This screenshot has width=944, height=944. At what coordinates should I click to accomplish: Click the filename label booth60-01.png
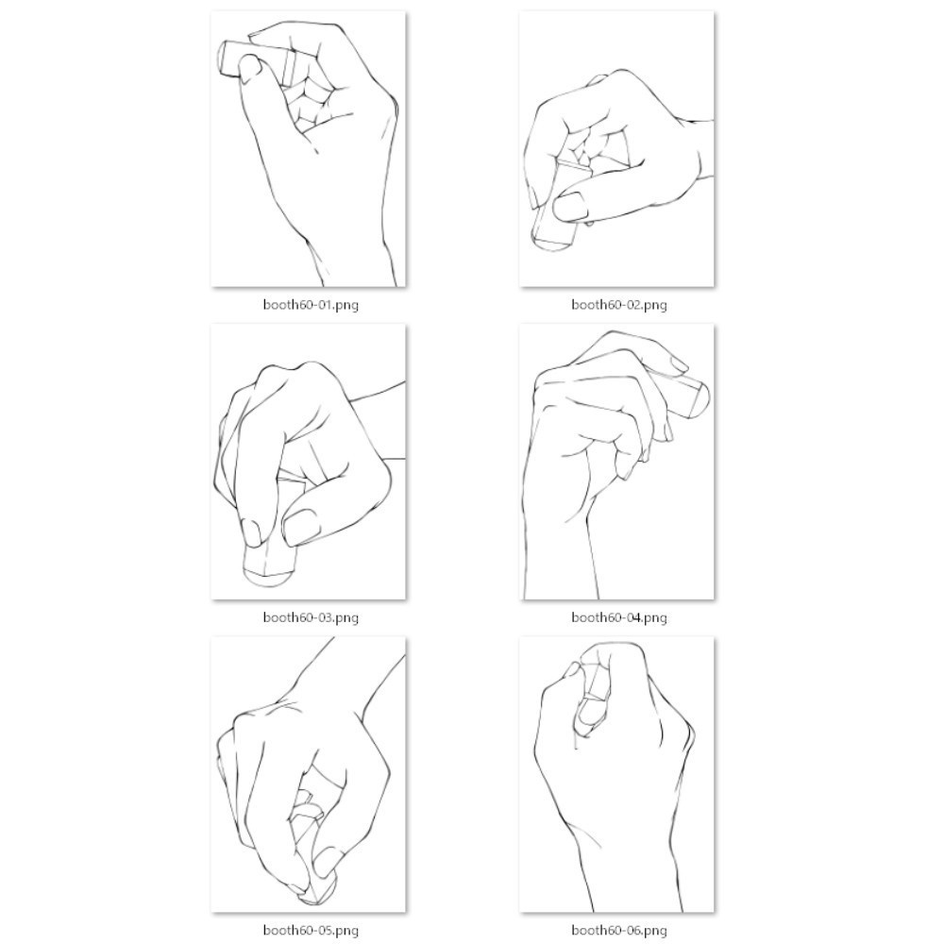(x=311, y=304)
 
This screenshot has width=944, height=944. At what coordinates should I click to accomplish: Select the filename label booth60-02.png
(x=618, y=304)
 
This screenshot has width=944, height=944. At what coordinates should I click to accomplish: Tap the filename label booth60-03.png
(x=311, y=617)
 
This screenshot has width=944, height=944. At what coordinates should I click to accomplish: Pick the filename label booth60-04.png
(x=618, y=617)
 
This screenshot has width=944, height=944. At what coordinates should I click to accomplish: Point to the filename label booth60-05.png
(x=311, y=931)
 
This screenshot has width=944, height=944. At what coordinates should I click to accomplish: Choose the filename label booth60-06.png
(x=618, y=931)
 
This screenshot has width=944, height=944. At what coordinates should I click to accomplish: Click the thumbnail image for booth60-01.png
(x=309, y=149)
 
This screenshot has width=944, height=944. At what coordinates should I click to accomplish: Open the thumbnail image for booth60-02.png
(x=617, y=149)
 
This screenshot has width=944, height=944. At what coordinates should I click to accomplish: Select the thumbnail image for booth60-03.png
(x=309, y=462)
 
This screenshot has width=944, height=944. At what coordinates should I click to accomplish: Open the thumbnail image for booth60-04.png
(x=617, y=462)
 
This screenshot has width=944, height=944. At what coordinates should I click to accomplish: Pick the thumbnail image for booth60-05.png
(x=309, y=775)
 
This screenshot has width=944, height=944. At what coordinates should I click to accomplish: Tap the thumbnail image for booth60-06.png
(x=617, y=775)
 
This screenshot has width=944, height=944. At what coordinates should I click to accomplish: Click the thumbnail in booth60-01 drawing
(x=250, y=67)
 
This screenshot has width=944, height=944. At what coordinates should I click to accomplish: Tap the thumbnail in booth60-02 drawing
(x=569, y=205)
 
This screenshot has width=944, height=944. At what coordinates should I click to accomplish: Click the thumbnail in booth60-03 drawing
(x=300, y=525)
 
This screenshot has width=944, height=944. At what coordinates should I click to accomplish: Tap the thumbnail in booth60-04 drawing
(x=676, y=363)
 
